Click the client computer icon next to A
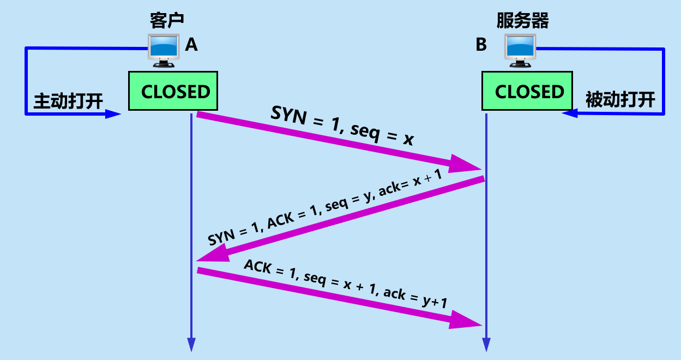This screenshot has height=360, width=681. [164, 50]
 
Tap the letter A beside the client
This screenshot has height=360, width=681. [191, 45]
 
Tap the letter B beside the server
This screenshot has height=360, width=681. [481, 45]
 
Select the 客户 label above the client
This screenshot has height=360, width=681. [167, 20]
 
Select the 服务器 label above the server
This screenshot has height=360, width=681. [522, 20]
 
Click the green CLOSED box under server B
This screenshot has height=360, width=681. [527, 91]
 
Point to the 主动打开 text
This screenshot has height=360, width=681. [68, 101]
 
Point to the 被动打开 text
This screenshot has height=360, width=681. [620, 101]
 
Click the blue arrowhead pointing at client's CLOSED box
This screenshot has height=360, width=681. [113, 114]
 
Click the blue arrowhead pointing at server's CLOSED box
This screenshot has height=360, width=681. [570, 113]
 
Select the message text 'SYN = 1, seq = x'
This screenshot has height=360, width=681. [342, 127]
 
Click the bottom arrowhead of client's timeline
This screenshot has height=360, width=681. [191, 344]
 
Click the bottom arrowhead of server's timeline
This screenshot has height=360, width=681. [485, 344]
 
